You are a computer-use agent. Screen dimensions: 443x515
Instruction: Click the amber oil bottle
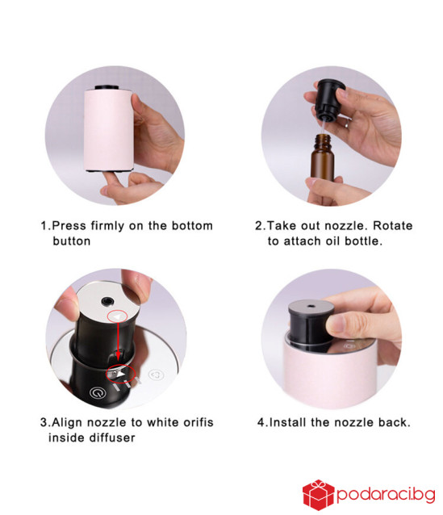coord(322,157)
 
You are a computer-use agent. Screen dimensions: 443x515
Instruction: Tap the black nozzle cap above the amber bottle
coord(329,99)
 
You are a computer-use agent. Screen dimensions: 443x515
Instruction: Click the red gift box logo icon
coord(318,495)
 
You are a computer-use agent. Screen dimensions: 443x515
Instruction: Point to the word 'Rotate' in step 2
coord(393,226)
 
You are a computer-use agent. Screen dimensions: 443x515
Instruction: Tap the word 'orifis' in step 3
coord(199,422)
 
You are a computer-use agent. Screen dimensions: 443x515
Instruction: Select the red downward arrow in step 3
coord(119,344)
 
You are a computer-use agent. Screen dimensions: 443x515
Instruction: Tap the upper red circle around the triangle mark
coord(118,317)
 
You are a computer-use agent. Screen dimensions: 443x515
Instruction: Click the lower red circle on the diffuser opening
coord(120,374)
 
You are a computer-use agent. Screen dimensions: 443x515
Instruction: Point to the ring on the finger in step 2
coord(348,124)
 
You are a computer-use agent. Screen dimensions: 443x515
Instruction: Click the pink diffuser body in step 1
coord(108,131)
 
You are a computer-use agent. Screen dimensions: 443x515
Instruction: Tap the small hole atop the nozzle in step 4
coord(311,307)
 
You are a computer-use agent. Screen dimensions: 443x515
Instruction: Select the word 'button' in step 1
coord(72,241)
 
